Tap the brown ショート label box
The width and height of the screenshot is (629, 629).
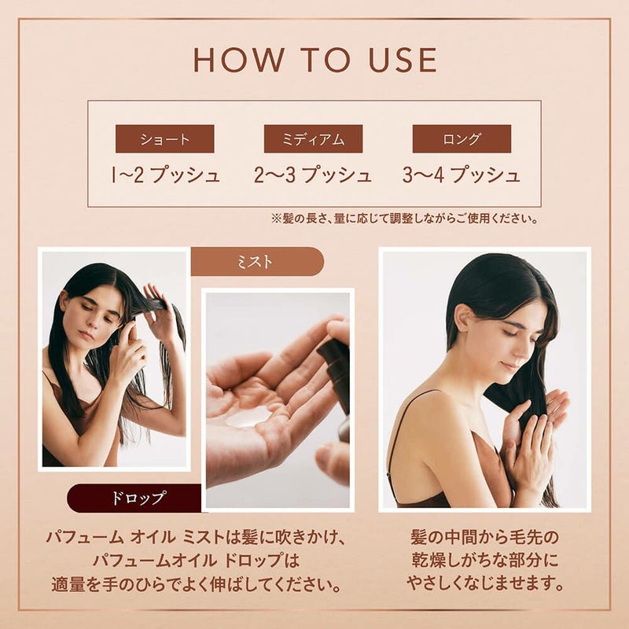tap(165, 139)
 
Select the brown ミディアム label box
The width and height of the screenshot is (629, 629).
tap(313, 139)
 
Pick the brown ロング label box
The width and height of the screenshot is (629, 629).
tap(462, 139)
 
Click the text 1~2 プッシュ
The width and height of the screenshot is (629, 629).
tap(166, 175)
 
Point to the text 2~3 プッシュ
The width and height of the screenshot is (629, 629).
tap(313, 175)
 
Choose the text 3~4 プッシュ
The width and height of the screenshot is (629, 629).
tap(462, 175)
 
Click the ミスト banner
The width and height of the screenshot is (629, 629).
tap(257, 262)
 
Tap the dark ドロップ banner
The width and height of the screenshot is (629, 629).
tap(134, 498)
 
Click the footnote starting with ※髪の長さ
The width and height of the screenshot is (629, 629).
tap(405, 219)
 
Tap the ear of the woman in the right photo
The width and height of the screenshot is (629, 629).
tap(465, 317)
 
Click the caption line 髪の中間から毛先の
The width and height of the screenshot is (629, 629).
tap(485, 538)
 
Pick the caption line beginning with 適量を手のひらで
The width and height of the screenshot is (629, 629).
tap(197, 585)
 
